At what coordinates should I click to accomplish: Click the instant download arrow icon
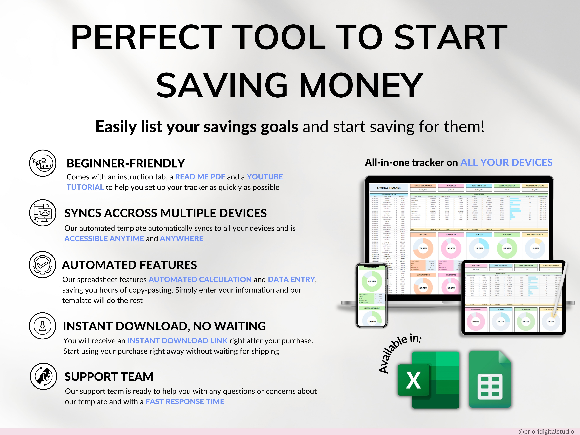point(43,326)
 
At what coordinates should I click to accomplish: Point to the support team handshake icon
point(43,376)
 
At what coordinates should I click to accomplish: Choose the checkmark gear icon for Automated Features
point(43,265)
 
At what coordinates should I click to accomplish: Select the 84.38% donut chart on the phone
point(372,281)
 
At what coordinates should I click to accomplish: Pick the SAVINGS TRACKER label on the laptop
point(389,188)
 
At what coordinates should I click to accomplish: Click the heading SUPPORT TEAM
point(109,376)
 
